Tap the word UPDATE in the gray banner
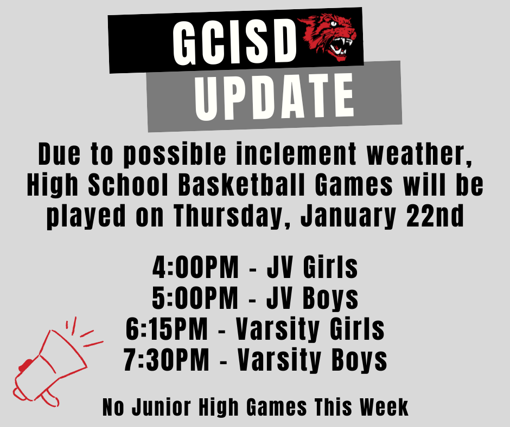click(x=275, y=99)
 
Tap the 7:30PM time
click(x=167, y=359)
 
